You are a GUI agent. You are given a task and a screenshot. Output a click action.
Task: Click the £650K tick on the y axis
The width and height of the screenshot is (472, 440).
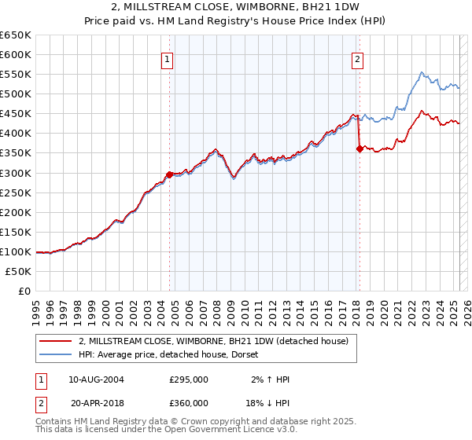point(16,35)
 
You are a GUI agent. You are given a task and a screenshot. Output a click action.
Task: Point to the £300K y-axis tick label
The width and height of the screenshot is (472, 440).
point(16,173)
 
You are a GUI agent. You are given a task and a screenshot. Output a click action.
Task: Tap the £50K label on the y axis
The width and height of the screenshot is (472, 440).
point(19,271)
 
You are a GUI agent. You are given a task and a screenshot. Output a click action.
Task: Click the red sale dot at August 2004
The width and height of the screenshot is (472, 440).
point(169,174)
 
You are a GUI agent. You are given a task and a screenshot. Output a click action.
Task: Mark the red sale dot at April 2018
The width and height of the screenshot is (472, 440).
point(360,148)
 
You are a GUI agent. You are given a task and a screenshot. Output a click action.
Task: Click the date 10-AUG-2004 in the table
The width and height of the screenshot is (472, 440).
point(96,379)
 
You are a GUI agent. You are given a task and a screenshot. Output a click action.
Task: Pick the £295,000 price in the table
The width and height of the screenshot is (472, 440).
point(189,379)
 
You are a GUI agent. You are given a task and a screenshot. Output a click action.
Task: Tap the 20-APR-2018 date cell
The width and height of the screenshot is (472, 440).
point(96,401)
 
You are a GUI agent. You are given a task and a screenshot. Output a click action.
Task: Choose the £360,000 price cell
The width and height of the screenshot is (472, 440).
point(189,401)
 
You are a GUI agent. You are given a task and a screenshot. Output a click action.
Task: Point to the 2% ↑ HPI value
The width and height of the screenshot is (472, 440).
point(270,379)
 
